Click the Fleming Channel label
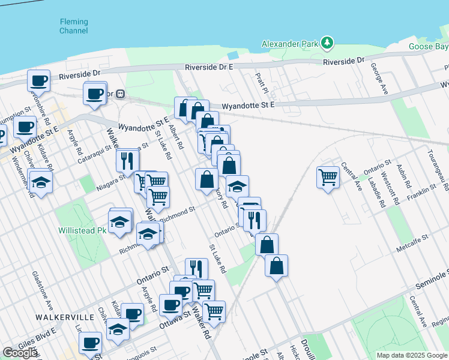pos(74,26)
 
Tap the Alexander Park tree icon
pos(327,43)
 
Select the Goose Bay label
pos(429,46)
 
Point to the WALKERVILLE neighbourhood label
pos(65,316)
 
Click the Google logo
pos(20,353)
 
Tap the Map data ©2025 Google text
pos(411,355)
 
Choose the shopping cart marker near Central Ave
pos(328,176)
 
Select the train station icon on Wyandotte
pos(120,94)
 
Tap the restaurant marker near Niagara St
pos(127,160)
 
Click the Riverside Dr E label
pos(209,67)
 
